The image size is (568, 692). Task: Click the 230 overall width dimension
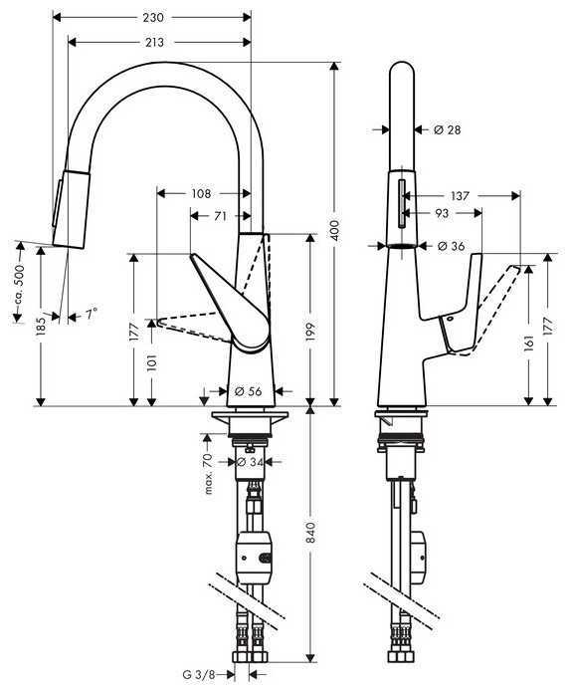(152, 18)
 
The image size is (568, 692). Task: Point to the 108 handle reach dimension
(201, 192)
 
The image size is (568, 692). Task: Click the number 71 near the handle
(220, 215)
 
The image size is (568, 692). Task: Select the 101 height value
(151, 364)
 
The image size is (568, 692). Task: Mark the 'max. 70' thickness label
(209, 473)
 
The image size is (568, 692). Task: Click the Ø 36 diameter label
(449, 246)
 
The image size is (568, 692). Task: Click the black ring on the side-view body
(401, 246)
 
